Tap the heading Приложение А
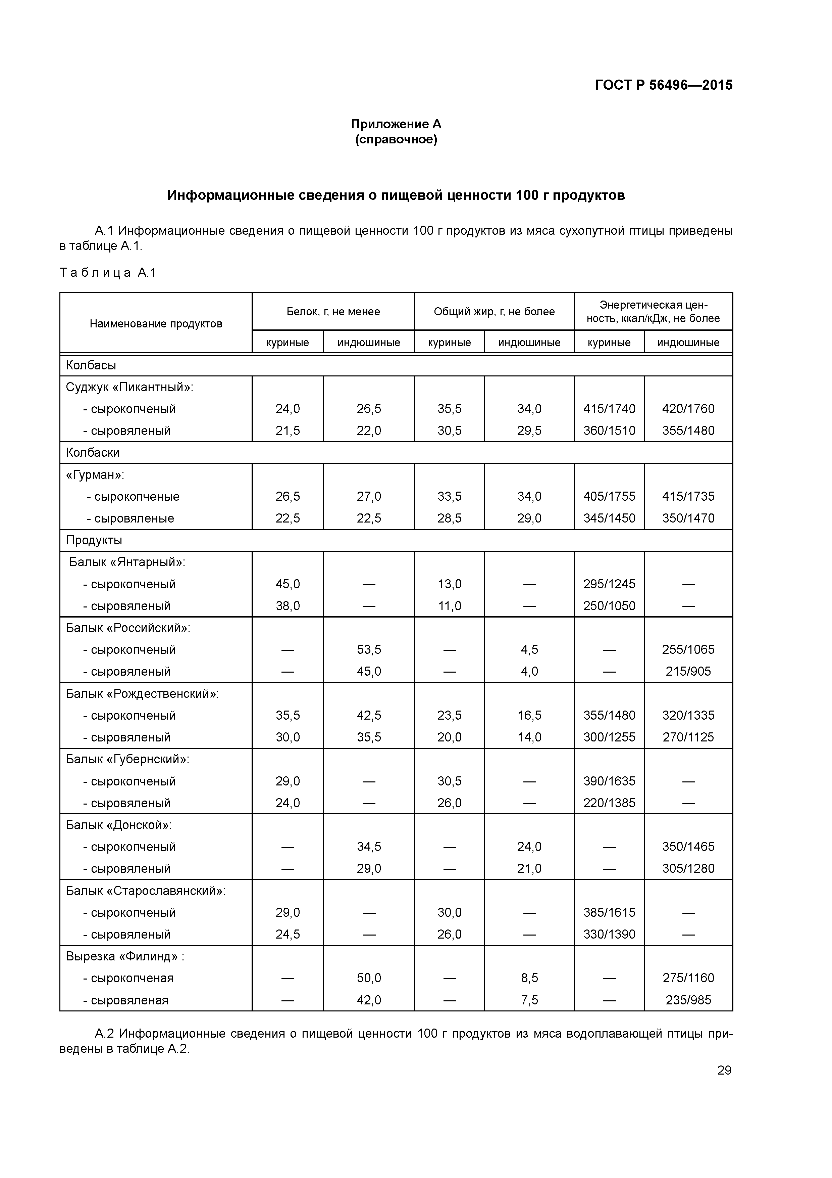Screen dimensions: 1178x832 click(396, 124)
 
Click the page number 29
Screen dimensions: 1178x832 click(724, 1070)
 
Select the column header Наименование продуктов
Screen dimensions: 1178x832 click(156, 324)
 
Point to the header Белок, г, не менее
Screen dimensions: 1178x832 click(333, 311)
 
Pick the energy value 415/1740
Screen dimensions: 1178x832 click(609, 409)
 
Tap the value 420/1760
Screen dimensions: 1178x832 click(688, 409)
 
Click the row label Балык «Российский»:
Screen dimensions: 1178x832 click(127, 628)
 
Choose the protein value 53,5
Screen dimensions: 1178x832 click(369, 649)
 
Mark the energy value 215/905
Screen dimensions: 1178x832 click(688, 672)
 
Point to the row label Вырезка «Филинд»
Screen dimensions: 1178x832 click(124, 956)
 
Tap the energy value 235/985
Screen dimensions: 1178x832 click(688, 1000)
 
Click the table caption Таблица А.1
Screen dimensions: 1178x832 click(108, 272)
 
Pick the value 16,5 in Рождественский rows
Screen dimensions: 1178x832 click(529, 715)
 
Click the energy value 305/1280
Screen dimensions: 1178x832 click(688, 869)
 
